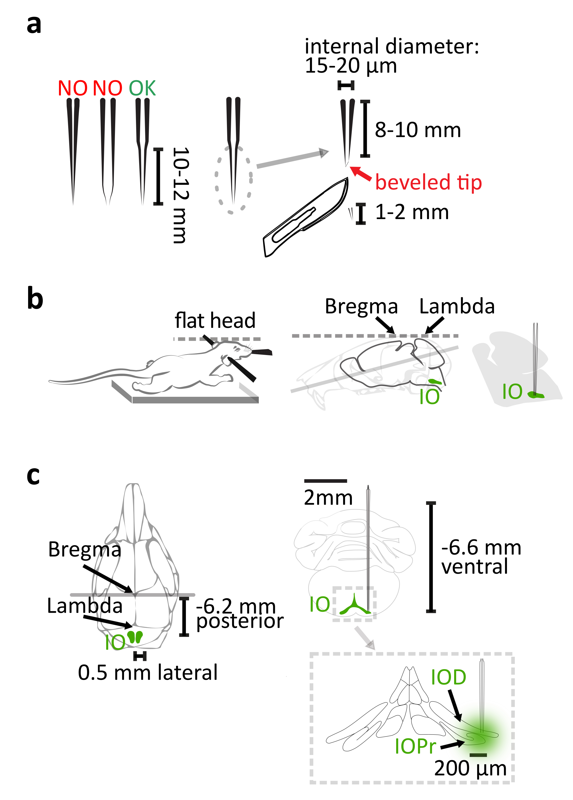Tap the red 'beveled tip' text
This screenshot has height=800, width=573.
point(428,182)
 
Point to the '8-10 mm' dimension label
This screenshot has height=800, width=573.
point(417,130)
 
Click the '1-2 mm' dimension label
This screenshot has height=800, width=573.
point(412,212)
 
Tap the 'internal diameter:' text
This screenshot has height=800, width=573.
point(392,46)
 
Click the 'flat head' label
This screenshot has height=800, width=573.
point(215,320)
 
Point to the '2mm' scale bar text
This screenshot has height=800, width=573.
point(328,498)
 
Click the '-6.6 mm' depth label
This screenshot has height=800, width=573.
point(481,547)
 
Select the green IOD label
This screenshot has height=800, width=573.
point(449,677)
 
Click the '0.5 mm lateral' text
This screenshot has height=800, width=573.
point(147,672)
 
